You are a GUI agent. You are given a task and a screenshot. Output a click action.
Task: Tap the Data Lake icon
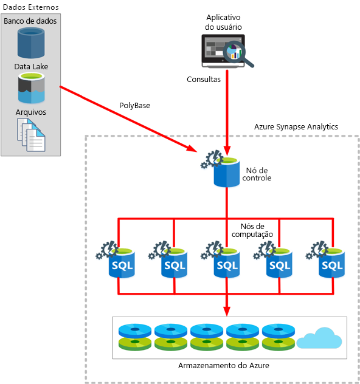[x=30, y=88]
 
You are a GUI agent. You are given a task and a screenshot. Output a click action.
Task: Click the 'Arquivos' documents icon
[x=30, y=134]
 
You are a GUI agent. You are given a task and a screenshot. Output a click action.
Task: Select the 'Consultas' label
[x=204, y=79]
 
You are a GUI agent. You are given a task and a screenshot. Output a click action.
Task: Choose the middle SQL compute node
[x=227, y=262]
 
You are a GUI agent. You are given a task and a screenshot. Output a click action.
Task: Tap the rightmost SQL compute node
[x=331, y=262]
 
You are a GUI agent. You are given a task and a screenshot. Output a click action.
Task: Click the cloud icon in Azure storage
[x=320, y=338]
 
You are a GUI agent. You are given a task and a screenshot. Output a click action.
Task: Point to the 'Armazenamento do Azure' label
[x=224, y=365]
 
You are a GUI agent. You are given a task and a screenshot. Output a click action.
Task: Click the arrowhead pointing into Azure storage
[x=227, y=312]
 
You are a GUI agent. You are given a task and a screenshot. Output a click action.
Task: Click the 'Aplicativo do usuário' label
[x=223, y=22]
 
